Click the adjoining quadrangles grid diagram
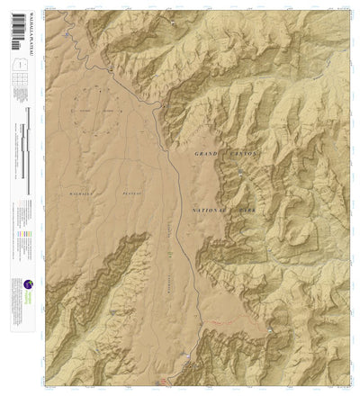click(x=15, y=86)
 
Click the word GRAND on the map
click(x=207, y=155)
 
